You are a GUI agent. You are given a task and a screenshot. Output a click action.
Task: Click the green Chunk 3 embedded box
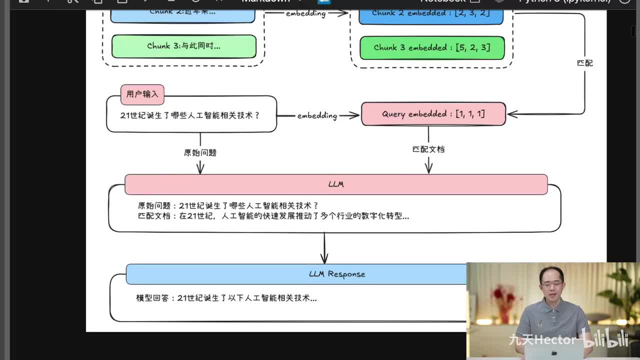tap(432, 48)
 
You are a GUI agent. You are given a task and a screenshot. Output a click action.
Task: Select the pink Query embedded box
tap(433, 114)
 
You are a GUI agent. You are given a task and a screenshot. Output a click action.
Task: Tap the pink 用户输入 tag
tap(142, 94)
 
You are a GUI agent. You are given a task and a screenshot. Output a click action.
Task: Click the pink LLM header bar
tap(336, 184)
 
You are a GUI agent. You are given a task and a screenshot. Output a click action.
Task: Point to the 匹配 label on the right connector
tap(584, 63)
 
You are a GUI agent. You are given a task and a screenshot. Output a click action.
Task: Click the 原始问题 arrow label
tap(200, 152)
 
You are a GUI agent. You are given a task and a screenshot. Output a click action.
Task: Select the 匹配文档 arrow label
tap(428, 149)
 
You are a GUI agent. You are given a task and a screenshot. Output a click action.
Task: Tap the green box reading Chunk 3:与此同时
tap(183, 46)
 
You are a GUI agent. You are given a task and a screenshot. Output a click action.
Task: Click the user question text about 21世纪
tap(190, 115)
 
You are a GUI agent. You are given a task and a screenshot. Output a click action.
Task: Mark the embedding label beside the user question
tap(317, 115)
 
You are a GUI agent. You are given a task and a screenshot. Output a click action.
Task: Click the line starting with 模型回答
tap(226, 298)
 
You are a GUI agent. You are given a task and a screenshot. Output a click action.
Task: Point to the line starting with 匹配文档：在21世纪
tap(273, 216)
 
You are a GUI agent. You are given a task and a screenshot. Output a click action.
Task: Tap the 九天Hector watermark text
tap(542, 340)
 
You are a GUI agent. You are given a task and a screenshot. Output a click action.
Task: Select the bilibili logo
tap(605, 339)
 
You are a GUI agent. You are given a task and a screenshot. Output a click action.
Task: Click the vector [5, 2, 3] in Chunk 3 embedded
tap(472, 48)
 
